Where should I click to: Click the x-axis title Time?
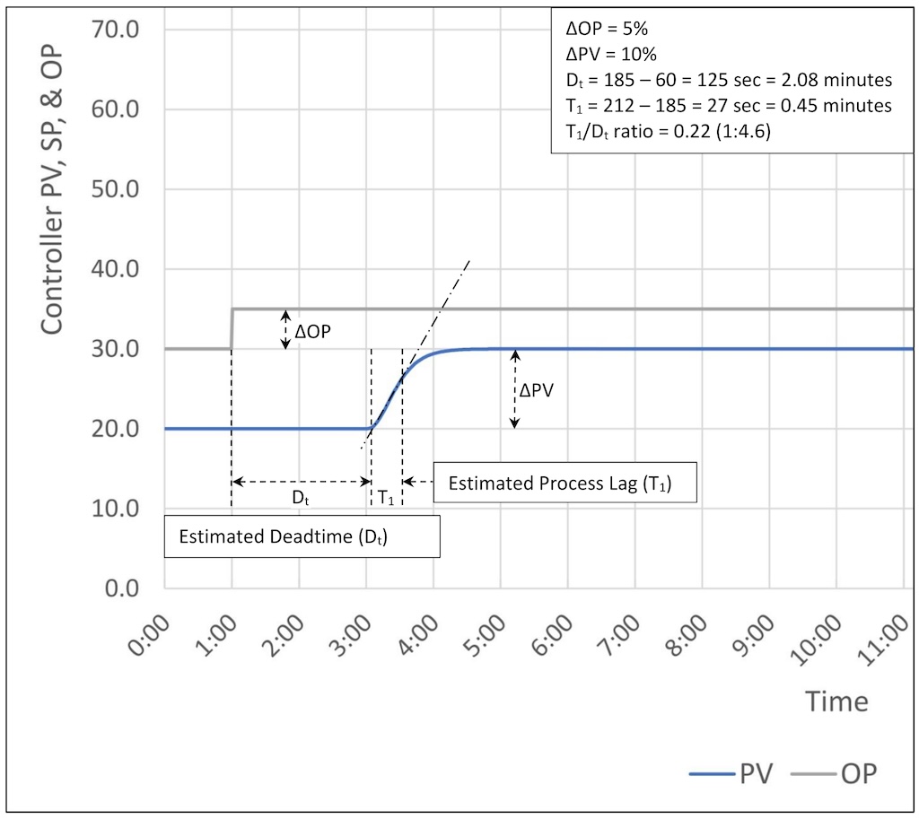coord(836,701)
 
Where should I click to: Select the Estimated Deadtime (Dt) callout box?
coord(302,536)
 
